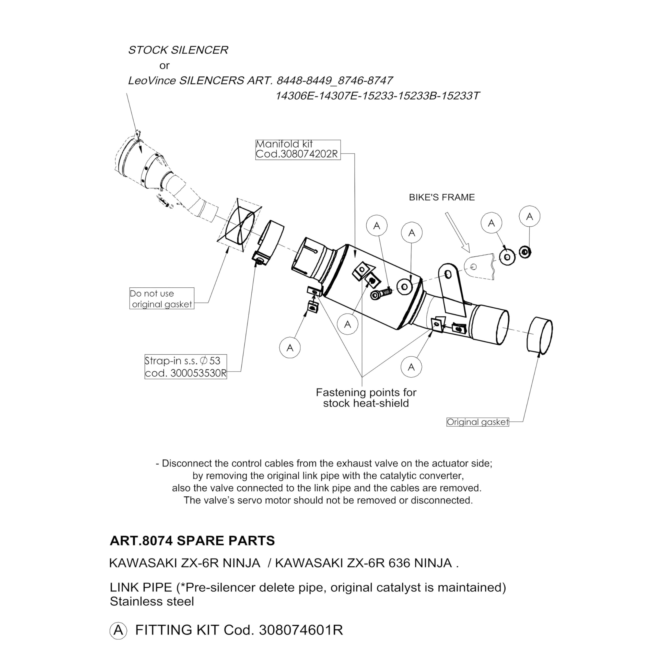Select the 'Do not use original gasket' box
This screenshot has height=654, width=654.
161,298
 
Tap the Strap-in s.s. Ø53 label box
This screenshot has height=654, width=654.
185,367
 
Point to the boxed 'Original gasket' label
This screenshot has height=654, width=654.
477,422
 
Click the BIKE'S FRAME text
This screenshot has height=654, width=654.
441,197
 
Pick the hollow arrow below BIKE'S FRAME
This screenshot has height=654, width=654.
457,232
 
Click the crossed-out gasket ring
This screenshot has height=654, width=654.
240,225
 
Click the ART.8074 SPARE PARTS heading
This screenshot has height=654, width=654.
192,541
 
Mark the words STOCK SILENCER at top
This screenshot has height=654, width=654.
178,50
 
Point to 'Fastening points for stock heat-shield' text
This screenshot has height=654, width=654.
366,398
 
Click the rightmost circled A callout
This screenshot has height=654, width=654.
529,216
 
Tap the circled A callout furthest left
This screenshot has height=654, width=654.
290,348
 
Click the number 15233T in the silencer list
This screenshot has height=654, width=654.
460,96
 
